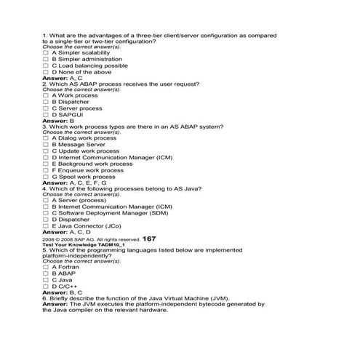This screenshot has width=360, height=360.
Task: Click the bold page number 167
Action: pyautogui.click(x=149, y=239)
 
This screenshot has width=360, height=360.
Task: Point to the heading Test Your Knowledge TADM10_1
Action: pyautogui.click(x=79, y=245)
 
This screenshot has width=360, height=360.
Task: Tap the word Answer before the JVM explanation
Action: pyautogui.click(x=55, y=304)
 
